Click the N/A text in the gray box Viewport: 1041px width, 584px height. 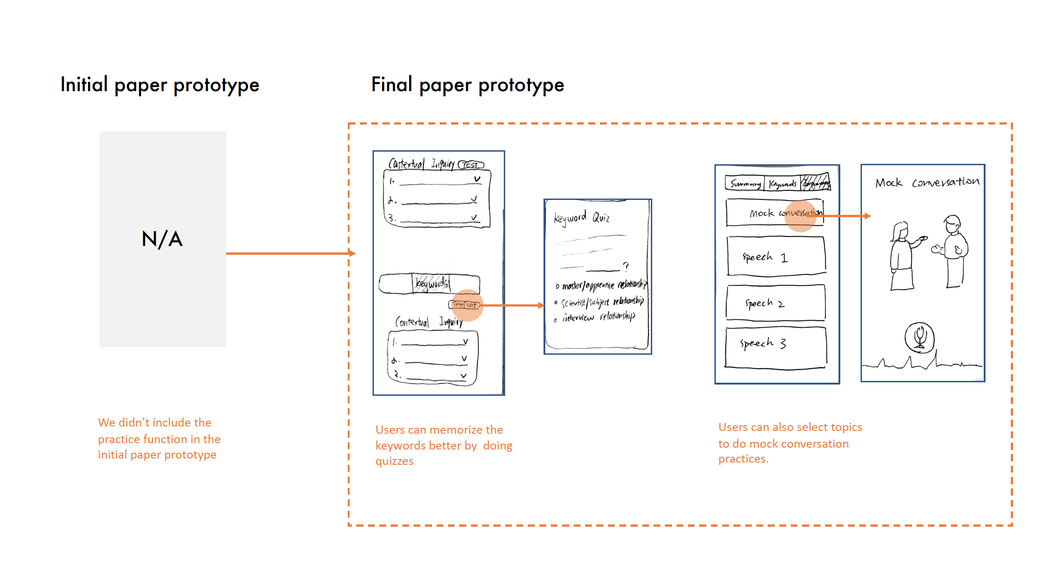162,239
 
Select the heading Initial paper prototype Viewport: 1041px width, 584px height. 160,85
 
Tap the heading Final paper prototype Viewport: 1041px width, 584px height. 467,85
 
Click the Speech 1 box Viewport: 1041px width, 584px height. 776,256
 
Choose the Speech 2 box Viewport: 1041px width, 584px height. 775,303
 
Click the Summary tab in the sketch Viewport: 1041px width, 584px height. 745,184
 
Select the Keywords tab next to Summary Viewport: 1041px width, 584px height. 783,184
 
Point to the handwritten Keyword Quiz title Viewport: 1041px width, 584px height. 581,218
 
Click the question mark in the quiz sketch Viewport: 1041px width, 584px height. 626,266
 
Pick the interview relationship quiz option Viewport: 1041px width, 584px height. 598,317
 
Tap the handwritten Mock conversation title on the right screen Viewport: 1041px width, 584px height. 927,182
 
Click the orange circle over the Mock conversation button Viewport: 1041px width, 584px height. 800,216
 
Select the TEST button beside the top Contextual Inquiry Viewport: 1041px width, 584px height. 471,165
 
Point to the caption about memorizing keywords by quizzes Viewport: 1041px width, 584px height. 443,445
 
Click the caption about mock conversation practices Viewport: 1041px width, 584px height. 790,443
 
